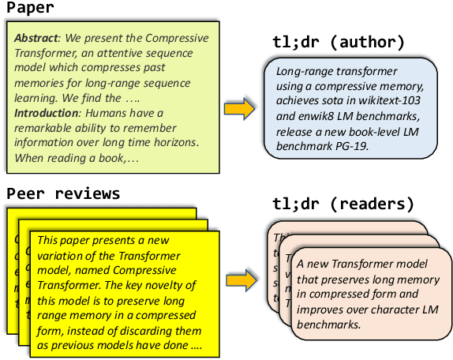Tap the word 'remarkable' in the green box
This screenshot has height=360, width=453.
coord(48,128)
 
